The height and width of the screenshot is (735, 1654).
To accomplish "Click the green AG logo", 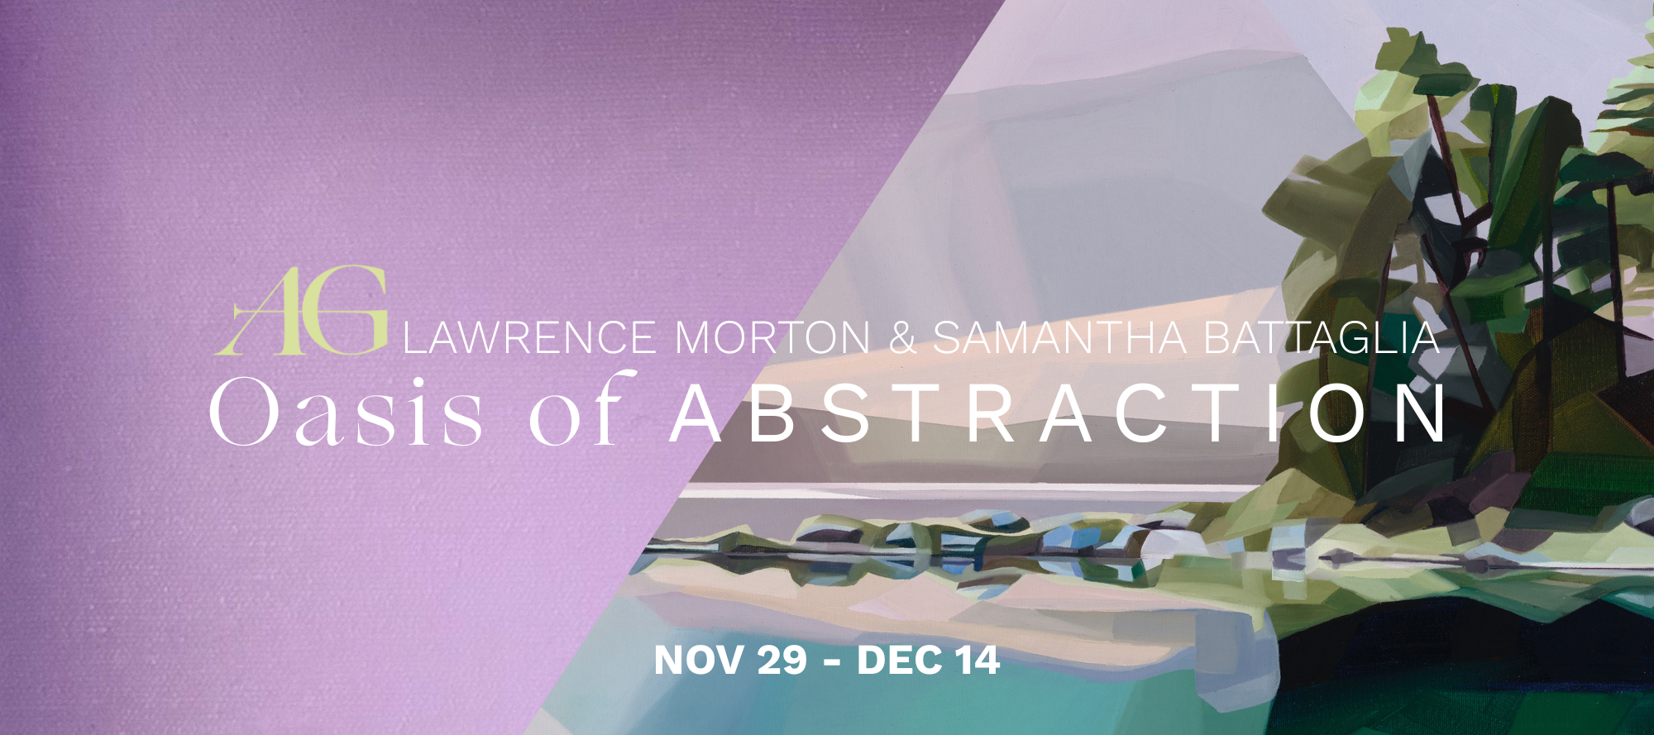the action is click(301, 311).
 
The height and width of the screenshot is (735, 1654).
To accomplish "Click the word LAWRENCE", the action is click(529, 338).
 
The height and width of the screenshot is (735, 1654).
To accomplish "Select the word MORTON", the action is click(772, 338).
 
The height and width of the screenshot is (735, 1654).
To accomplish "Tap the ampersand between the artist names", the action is click(902, 338).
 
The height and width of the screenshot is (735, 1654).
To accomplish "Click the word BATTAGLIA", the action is click(1322, 338).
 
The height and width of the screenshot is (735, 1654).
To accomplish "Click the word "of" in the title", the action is click(583, 408).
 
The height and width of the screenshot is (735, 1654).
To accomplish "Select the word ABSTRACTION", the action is click(1058, 412).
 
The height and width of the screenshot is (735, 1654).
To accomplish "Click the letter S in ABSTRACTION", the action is click(845, 412).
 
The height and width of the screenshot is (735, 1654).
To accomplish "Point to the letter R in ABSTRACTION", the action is click(992, 412).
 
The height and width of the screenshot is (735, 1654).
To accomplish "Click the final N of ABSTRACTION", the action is click(1421, 412).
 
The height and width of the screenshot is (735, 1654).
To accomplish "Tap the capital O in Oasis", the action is click(246, 411).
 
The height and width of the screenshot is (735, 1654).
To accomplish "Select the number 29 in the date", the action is click(782, 660).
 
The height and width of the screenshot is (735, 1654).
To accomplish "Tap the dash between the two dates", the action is click(833, 662).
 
